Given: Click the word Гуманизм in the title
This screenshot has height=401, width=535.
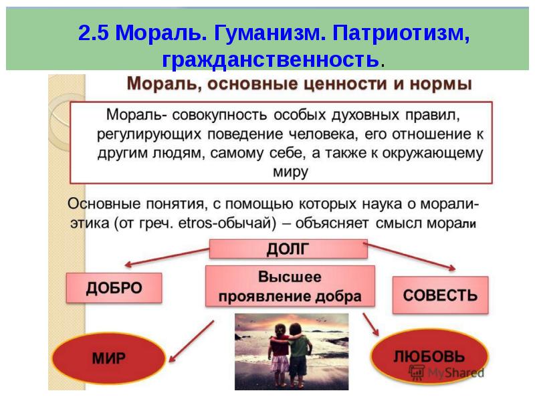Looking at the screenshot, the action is (270, 33).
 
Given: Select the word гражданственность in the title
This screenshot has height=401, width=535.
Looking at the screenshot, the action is (271, 59).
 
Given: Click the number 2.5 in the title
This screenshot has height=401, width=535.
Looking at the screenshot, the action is (93, 33).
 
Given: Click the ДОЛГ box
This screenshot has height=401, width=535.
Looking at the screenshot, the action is (288, 249).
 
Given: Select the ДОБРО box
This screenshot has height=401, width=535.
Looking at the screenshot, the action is (114, 288).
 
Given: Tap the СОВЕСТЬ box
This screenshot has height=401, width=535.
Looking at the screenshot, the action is (441, 295).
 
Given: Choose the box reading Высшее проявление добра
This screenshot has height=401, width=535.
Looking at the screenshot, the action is (290, 286).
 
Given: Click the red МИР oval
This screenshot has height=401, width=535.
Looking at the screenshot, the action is (108, 358).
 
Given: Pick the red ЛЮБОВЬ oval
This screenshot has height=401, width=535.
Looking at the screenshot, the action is (429, 356).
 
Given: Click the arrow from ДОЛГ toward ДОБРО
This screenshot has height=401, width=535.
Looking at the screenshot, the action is (167, 257).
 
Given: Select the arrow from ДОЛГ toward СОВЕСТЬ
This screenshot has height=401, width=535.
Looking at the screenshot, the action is (411, 256).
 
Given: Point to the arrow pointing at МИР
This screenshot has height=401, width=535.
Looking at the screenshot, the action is (192, 341).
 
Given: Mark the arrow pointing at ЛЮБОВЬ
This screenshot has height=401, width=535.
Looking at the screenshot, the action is (371, 325).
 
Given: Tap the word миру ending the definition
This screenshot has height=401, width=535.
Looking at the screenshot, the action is (290, 172).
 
